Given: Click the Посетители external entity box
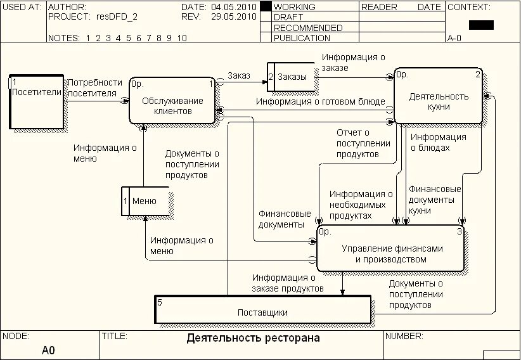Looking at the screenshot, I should (36, 101).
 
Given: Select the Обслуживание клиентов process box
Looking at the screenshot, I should (172, 101).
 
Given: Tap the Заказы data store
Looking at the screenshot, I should (292, 77).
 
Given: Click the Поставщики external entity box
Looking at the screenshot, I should (262, 310).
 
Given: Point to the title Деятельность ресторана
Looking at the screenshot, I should (253, 338).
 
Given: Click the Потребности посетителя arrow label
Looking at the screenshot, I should (94, 88).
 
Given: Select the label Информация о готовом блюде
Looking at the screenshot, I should (321, 101).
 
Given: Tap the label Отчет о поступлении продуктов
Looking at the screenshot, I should (357, 143).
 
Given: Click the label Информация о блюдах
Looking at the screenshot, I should (438, 143).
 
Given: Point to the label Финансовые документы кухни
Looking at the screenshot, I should (435, 200).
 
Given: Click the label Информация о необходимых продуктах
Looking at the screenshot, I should (361, 205).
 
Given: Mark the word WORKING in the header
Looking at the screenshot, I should (294, 7).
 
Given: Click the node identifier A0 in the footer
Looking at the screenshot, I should (49, 350).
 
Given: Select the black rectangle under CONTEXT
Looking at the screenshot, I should (481, 25).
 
